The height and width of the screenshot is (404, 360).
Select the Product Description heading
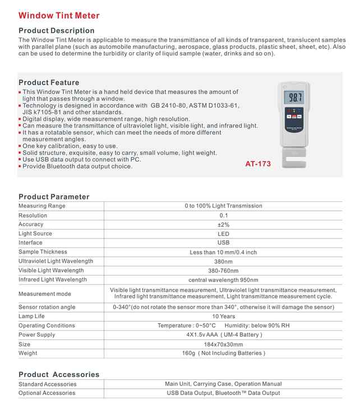57,30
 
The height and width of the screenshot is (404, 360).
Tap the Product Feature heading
49,82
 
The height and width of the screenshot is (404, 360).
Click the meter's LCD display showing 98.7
295,98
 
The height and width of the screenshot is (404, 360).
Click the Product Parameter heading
54,196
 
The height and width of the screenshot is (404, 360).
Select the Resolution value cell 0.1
223,215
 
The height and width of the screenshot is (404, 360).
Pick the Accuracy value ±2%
223,224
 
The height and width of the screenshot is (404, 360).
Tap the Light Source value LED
223,233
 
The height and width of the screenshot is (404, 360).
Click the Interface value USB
223,243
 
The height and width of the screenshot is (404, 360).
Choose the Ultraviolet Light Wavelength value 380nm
223,261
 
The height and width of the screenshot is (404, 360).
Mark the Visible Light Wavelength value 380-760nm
223,270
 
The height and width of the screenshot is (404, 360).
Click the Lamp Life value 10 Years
223,316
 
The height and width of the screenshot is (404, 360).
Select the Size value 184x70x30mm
223,344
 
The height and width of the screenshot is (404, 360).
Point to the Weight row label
28,353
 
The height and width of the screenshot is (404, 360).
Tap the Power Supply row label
37,335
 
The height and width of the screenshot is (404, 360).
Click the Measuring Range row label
42,206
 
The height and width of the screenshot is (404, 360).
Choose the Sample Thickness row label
43,252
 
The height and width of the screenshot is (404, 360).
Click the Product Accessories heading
59,374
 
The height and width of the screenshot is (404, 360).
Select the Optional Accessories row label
48,393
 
